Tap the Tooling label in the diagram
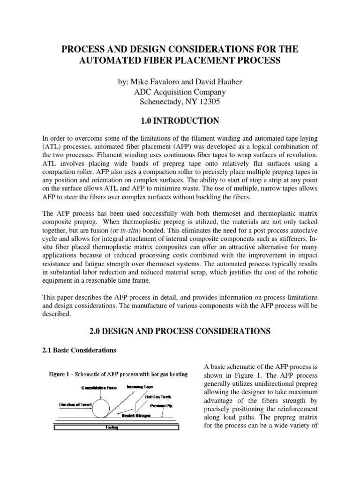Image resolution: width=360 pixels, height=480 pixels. (x=111, y=427)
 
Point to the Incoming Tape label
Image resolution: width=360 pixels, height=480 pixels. (x=140, y=387)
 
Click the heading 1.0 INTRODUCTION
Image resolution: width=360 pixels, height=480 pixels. (x=180, y=121)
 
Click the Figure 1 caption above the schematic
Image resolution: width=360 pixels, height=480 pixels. (x=119, y=374)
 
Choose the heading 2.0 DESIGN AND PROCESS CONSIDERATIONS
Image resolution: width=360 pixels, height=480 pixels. (x=180, y=331)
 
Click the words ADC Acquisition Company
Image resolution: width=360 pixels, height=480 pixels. (x=180, y=92)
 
